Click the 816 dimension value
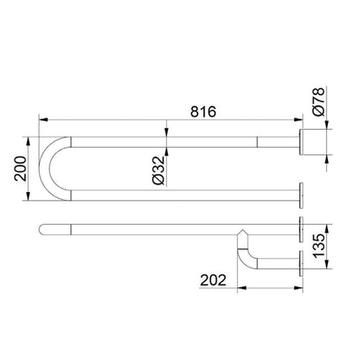(203, 112)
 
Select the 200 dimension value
(20, 169)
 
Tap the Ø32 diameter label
(158, 170)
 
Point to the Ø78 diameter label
(318, 101)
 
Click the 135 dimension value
(318, 246)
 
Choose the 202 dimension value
(213, 280)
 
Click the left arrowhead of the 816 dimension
(43, 119)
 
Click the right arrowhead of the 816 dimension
(299, 119)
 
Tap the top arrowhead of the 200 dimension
(28, 141)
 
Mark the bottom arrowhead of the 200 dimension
(28, 196)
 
